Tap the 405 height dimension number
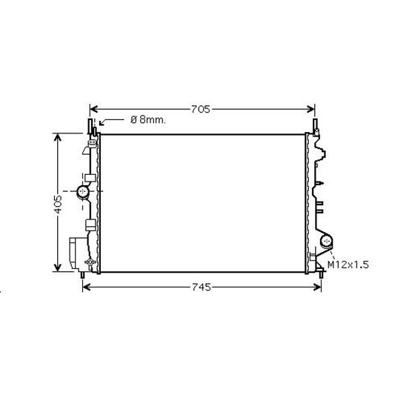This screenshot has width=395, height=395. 58,203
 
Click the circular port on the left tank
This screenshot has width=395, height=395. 82,193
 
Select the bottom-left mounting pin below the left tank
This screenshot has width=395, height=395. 81,276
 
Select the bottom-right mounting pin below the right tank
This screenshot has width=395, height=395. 321,276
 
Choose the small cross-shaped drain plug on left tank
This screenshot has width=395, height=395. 90,264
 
